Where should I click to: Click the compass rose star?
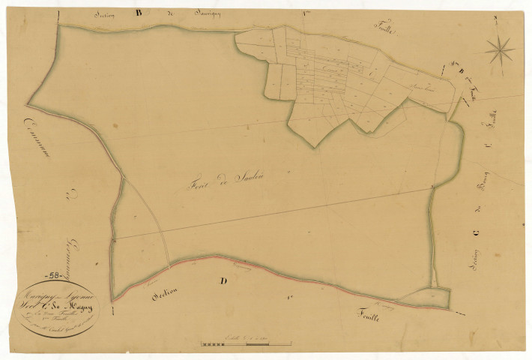500,51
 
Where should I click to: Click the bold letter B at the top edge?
138,13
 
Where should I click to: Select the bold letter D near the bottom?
223,282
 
